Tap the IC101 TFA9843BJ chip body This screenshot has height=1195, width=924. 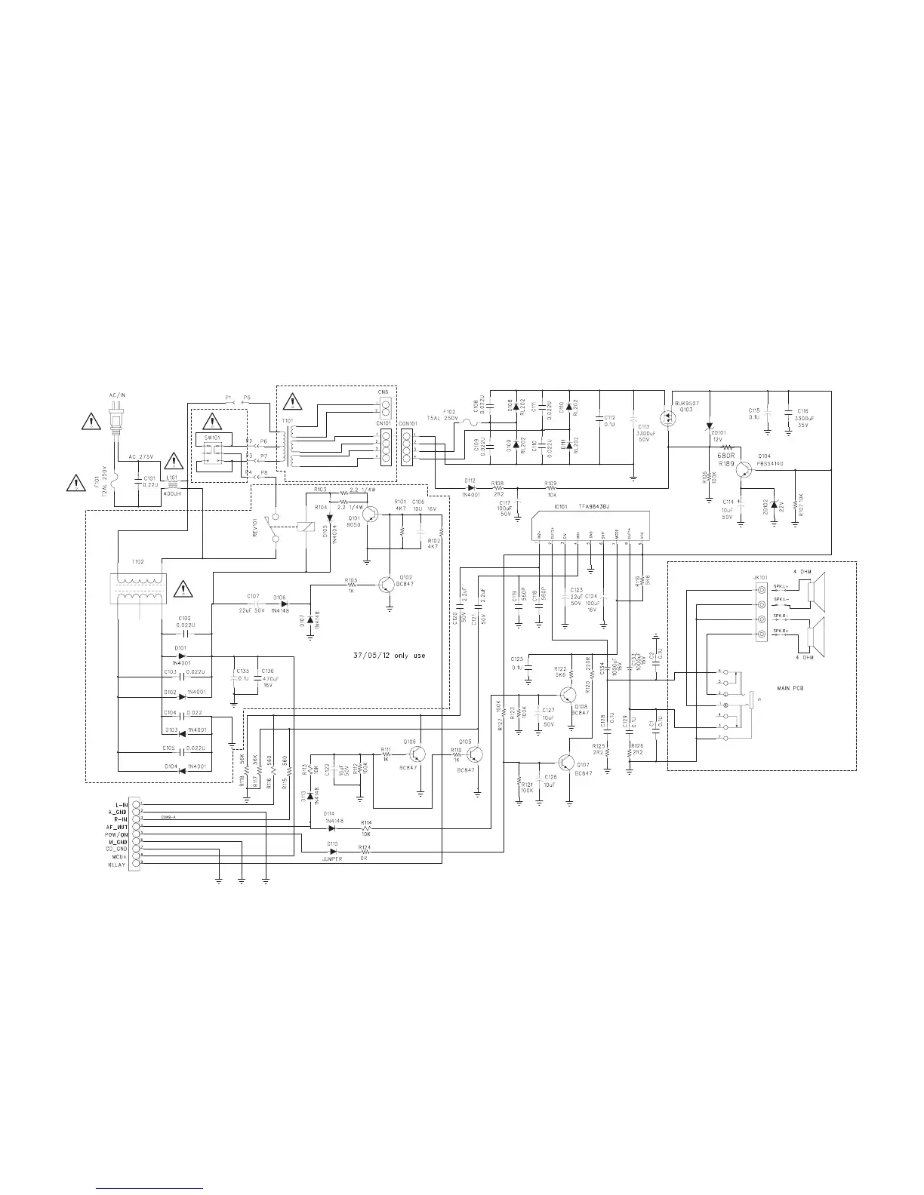click(x=590, y=521)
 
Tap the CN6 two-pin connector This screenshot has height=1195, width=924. click(x=384, y=409)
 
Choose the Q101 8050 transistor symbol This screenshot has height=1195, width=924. click(x=370, y=515)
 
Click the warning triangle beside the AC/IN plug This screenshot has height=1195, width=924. click(x=91, y=420)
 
